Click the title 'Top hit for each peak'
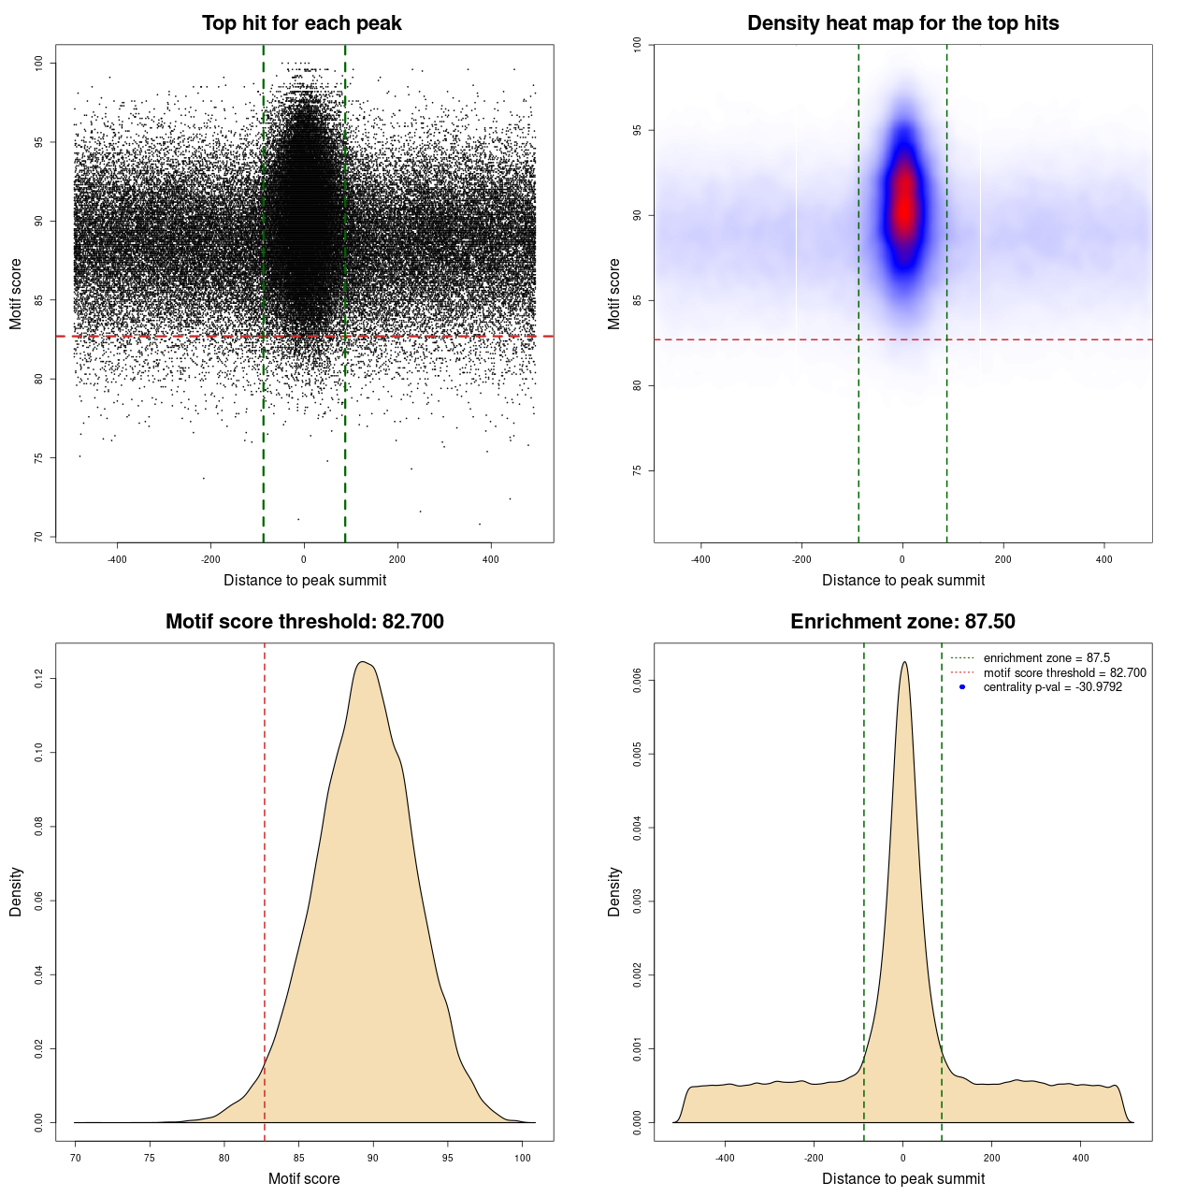[301, 23]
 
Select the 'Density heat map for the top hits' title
[902, 23]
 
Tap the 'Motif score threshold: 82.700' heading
[304, 622]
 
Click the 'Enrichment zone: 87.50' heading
[902, 622]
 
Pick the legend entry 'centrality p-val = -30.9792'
[1052, 687]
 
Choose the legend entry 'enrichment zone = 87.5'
[1046, 658]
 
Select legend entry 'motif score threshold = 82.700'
[1064, 673]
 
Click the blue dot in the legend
[962, 687]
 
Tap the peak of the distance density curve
[903, 662]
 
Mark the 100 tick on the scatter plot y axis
[38, 63]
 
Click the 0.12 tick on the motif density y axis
[38, 678]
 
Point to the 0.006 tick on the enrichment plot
[637, 681]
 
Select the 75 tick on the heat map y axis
[637, 470]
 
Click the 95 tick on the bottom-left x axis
[448, 1158]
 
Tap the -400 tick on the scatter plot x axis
[117, 559]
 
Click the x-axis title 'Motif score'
[304, 1178]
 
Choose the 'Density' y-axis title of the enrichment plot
[614, 891]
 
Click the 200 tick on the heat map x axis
[1003, 559]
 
